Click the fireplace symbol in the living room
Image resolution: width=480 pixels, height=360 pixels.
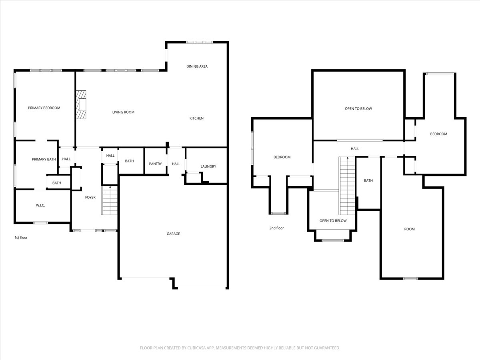pyautogui.click(x=82, y=105)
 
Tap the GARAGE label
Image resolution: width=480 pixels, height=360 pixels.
pyautogui.click(x=173, y=234)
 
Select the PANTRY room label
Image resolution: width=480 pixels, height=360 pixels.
pyautogui.click(x=155, y=164)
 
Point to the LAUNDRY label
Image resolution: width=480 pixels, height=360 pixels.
pyautogui.click(x=208, y=166)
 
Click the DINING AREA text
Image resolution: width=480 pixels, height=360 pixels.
pyautogui.click(x=197, y=66)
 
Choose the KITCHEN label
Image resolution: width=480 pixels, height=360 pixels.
pyautogui.click(x=196, y=118)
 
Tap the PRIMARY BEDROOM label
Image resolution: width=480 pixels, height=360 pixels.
pyautogui.click(x=44, y=108)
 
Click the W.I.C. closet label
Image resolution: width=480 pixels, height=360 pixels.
pyautogui.click(x=40, y=205)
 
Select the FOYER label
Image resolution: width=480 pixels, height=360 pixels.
pyautogui.click(x=90, y=197)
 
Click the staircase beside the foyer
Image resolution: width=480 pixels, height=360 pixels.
pyautogui.click(x=110, y=200)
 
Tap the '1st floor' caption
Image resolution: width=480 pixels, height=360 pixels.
pyautogui.click(x=21, y=238)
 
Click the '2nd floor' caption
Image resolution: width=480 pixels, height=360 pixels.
pyautogui.click(x=276, y=228)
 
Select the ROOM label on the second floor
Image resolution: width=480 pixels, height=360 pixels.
pyautogui.click(x=409, y=229)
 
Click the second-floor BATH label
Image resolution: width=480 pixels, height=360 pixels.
pyautogui.click(x=368, y=181)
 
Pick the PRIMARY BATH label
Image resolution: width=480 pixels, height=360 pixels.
pyautogui.click(x=44, y=159)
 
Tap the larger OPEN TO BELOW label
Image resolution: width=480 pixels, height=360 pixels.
pyautogui.click(x=358, y=109)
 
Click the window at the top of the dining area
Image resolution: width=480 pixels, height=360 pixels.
pyautogui.click(x=199, y=42)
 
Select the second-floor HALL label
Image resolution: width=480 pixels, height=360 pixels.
pyautogui.click(x=355, y=149)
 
